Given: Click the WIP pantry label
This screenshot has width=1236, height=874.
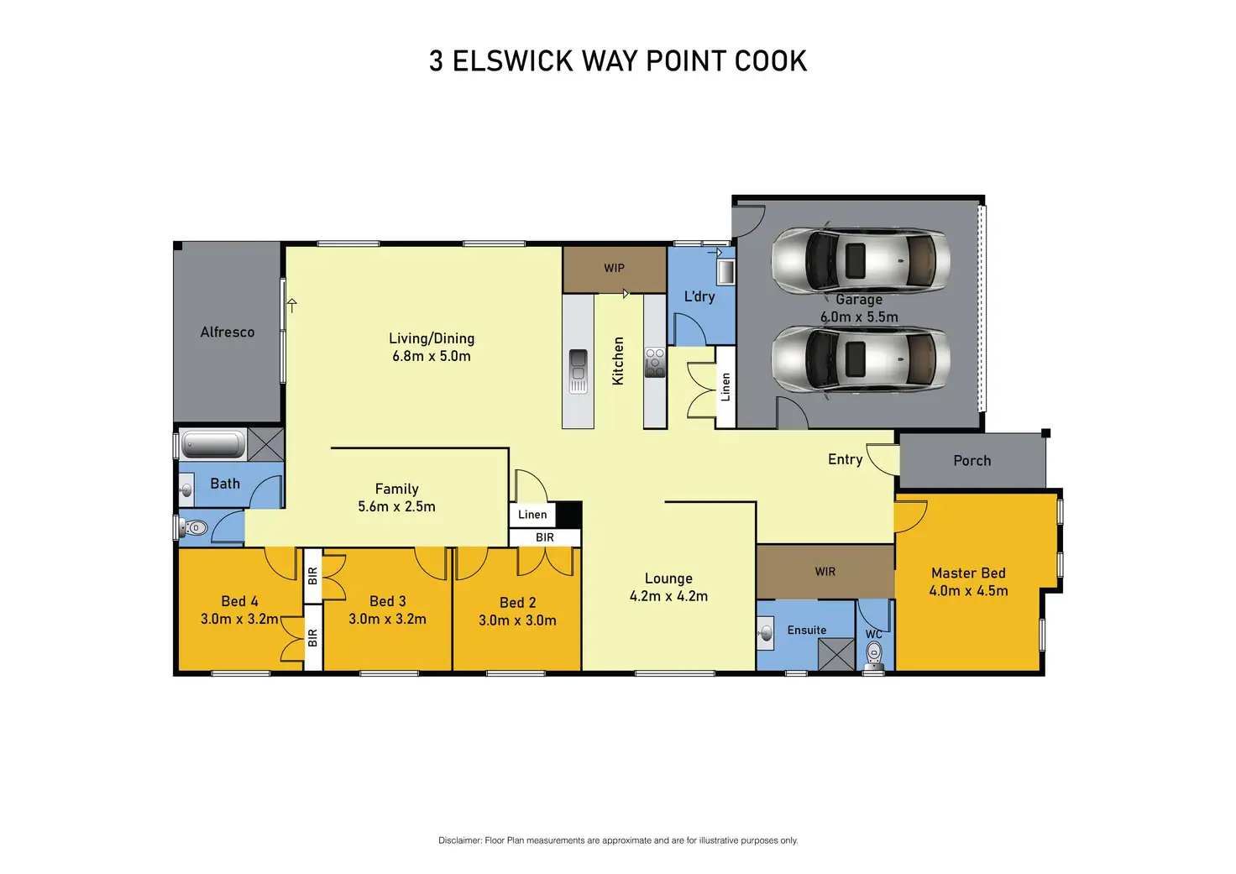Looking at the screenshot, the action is click(614, 268).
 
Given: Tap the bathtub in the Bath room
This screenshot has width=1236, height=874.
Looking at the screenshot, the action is click(212, 444).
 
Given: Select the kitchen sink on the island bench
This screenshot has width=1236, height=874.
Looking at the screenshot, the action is click(578, 371).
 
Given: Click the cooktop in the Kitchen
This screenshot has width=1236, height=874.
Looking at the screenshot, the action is click(655, 363).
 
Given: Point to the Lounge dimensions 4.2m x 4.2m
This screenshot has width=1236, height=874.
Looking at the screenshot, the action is click(668, 596).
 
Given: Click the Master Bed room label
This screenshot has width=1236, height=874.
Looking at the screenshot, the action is click(968, 573).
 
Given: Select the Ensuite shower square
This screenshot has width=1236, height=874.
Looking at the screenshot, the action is click(836, 654).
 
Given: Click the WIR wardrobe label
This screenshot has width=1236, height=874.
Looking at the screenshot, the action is click(825, 572).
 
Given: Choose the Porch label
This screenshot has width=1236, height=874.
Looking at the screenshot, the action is click(972, 461).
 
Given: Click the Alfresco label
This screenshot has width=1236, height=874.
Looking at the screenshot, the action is click(228, 332).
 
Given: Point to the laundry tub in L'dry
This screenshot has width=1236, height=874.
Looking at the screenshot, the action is click(725, 271).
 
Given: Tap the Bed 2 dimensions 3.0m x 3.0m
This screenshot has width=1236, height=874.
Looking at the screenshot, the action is click(517, 620).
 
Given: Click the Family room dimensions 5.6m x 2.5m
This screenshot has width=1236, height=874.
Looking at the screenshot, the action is click(396, 506).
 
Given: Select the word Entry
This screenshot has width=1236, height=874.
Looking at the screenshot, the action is click(845, 459).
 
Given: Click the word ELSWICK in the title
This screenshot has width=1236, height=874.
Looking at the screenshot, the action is click(512, 60).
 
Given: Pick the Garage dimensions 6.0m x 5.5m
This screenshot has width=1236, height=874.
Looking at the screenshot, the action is click(859, 317).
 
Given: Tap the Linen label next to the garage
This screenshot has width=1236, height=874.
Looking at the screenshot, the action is click(725, 387).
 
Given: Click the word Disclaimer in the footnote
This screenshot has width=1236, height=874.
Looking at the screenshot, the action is click(459, 840).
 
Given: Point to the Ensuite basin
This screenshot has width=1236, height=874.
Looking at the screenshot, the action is click(765, 633).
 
